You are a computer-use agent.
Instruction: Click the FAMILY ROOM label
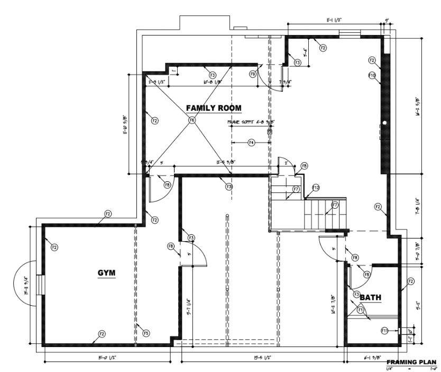[214, 108]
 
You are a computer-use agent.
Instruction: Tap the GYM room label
[106, 273]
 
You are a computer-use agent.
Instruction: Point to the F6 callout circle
[191, 120]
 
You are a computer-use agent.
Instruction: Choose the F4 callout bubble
[252, 143]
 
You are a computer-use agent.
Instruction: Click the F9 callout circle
[253, 74]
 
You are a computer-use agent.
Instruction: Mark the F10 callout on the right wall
[372, 76]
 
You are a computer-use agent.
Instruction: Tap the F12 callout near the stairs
[316, 187]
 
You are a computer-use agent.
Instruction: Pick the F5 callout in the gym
[146, 333]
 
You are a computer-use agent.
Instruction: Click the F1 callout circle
[360, 309]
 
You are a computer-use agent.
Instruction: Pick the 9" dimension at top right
[387, 21]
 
